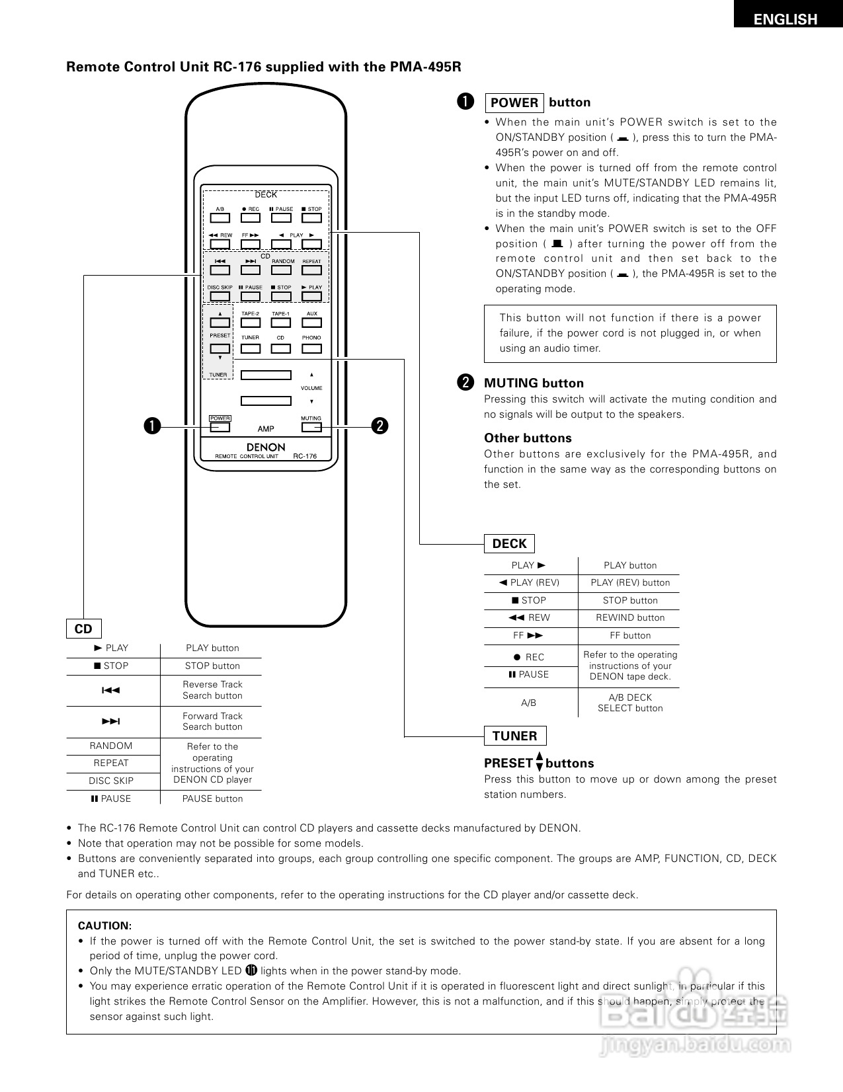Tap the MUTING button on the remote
311,427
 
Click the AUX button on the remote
311,323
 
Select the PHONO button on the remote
311,348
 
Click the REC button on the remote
250,218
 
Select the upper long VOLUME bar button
266,375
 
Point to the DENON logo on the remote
266,447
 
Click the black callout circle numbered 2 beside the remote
380,426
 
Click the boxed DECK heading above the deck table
509,544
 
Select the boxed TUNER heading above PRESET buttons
514,736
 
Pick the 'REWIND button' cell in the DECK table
630,618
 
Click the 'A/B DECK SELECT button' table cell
630,703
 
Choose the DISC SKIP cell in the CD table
111,781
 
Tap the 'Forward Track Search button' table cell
212,722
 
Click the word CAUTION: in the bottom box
104,926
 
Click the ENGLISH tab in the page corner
785,19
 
